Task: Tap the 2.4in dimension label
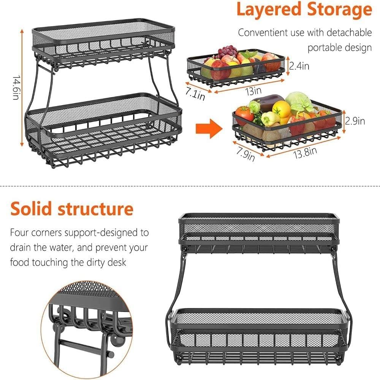point(299,66)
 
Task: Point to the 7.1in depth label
point(195,93)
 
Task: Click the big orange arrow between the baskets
point(208,128)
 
